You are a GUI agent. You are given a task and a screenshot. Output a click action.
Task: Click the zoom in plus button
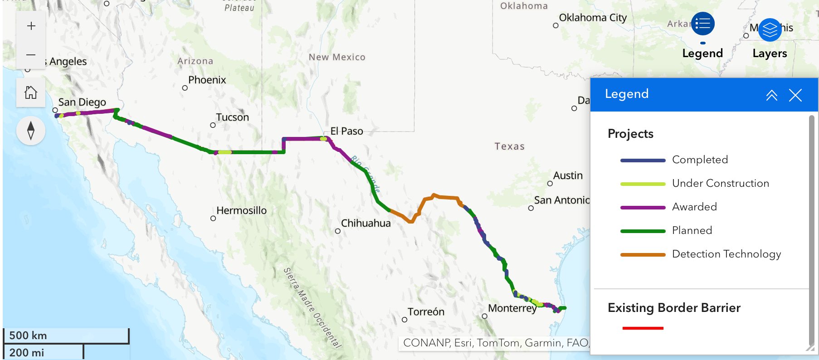tap(31, 26)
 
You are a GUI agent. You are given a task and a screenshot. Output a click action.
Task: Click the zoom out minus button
tap(31, 55)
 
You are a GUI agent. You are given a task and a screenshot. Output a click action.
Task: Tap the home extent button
tap(31, 93)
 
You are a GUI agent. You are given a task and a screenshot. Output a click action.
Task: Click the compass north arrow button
tap(31, 131)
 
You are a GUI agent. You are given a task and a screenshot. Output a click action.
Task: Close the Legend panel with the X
tap(795, 95)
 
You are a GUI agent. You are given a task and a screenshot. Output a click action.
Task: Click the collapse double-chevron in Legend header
tap(771, 95)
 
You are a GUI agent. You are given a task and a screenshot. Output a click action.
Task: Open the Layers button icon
tap(770, 30)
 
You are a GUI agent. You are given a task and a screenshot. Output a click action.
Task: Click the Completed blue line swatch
tap(643, 160)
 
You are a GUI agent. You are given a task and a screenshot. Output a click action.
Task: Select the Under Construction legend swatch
tap(643, 184)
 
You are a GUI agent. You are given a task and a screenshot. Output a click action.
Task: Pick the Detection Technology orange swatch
tap(643, 254)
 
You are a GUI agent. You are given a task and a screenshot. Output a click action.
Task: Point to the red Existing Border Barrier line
tap(643, 328)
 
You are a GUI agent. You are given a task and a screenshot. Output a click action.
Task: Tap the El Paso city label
tap(346, 131)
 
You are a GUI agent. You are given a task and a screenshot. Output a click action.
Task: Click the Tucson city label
tap(232, 117)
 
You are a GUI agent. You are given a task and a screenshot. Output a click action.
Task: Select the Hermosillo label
tap(241, 211)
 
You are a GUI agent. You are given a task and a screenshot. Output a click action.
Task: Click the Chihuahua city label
tap(366, 224)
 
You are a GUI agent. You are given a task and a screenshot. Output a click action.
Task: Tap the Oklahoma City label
tap(593, 18)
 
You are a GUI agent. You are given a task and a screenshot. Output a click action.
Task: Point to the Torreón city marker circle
tap(405, 320)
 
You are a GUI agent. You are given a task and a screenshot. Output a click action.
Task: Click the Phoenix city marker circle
tap(185, 88)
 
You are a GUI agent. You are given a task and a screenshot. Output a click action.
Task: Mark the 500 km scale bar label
tap(28, 336)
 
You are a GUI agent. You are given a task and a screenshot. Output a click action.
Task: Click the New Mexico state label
tap(337, 57)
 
